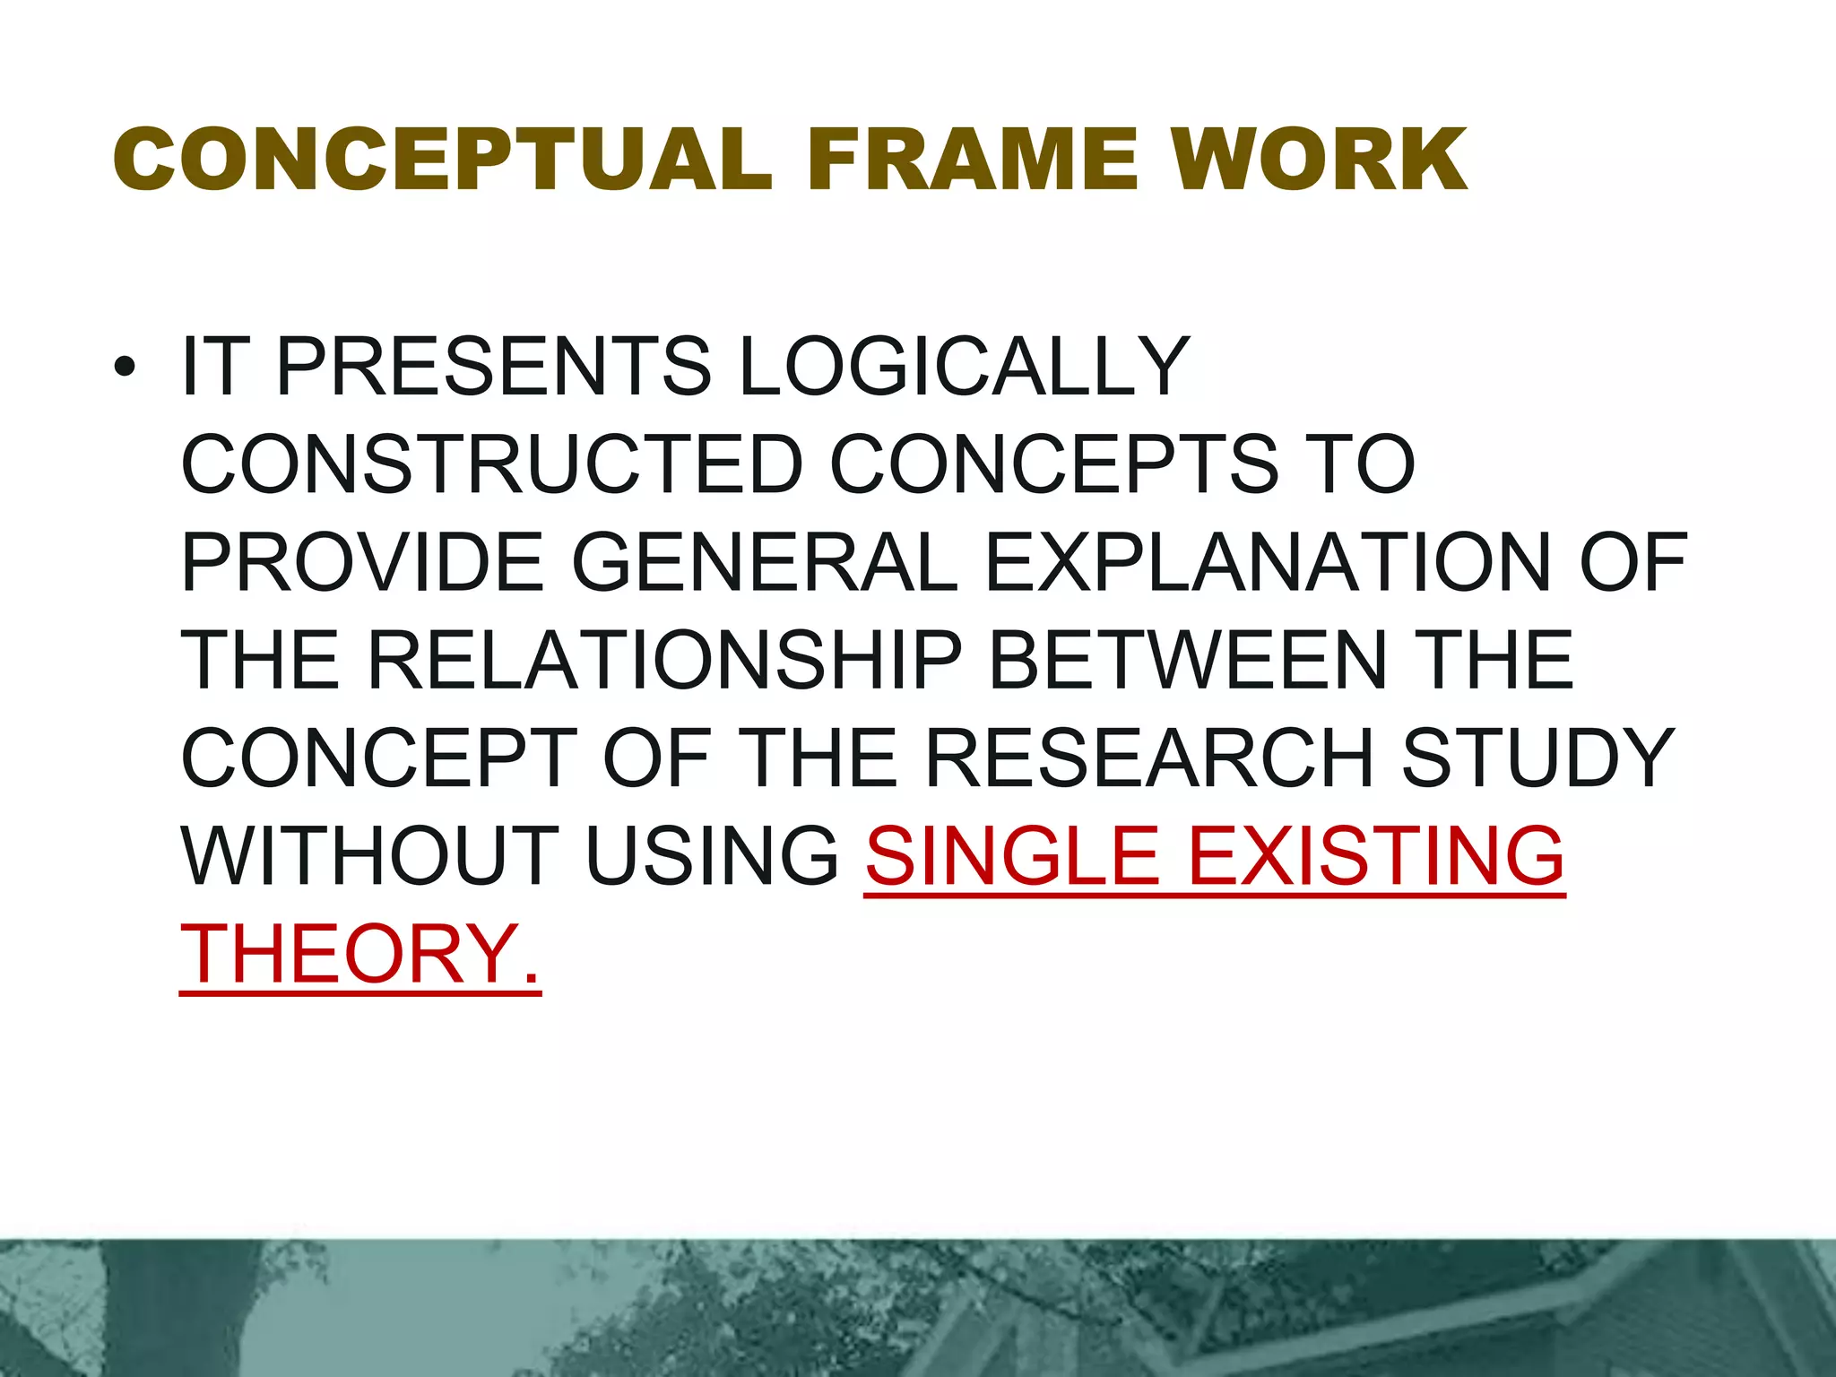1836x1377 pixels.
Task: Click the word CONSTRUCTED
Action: [x=492, y=464]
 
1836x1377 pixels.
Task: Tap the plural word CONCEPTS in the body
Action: [x=1054, y=464]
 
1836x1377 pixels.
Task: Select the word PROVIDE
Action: [x=362, y=563]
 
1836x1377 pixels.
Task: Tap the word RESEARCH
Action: [x=1148, y=758]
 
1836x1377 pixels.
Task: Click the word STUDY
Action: [x=1537, y=758]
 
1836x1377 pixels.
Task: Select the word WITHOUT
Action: [x=370, y=856]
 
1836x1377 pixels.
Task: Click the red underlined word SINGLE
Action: [x=1012, y=856]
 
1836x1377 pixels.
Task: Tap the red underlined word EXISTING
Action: [x=1375, y=856]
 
